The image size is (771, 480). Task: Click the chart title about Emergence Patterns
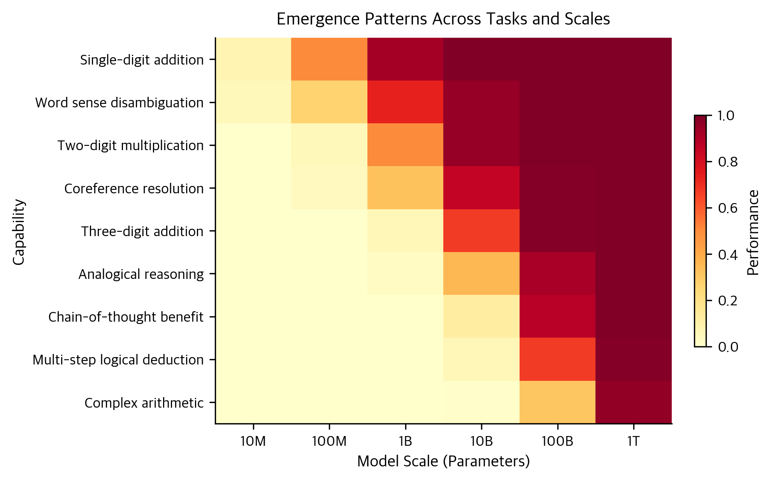point(443,19)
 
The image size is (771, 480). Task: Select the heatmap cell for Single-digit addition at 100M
point(329,60)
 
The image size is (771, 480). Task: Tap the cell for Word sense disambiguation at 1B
point(405,102)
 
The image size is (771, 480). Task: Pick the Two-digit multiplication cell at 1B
point(405,145)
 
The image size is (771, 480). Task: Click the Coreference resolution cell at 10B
point(481,188)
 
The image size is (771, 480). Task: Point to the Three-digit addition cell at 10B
point(481,231)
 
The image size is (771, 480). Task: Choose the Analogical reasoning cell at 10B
point(481,273)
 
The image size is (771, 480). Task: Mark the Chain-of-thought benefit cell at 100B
point(557,316)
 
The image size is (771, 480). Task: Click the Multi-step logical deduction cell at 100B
point(557,359)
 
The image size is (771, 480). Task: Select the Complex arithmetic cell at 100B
point(557,402)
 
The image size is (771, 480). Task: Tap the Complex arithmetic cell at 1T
point(633,402)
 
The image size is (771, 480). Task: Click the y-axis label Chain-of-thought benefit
point(126,317)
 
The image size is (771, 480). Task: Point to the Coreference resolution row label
point(134,189)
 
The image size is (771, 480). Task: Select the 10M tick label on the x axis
point(253,441)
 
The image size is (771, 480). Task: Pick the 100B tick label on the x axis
point(557,441)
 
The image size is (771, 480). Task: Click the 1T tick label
point(633,441)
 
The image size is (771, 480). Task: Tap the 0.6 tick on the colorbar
point(727,208)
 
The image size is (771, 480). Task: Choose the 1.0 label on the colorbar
point(727,116)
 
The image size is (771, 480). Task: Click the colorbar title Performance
point(753,232)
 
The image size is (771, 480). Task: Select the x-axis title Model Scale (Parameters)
point(443,461)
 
